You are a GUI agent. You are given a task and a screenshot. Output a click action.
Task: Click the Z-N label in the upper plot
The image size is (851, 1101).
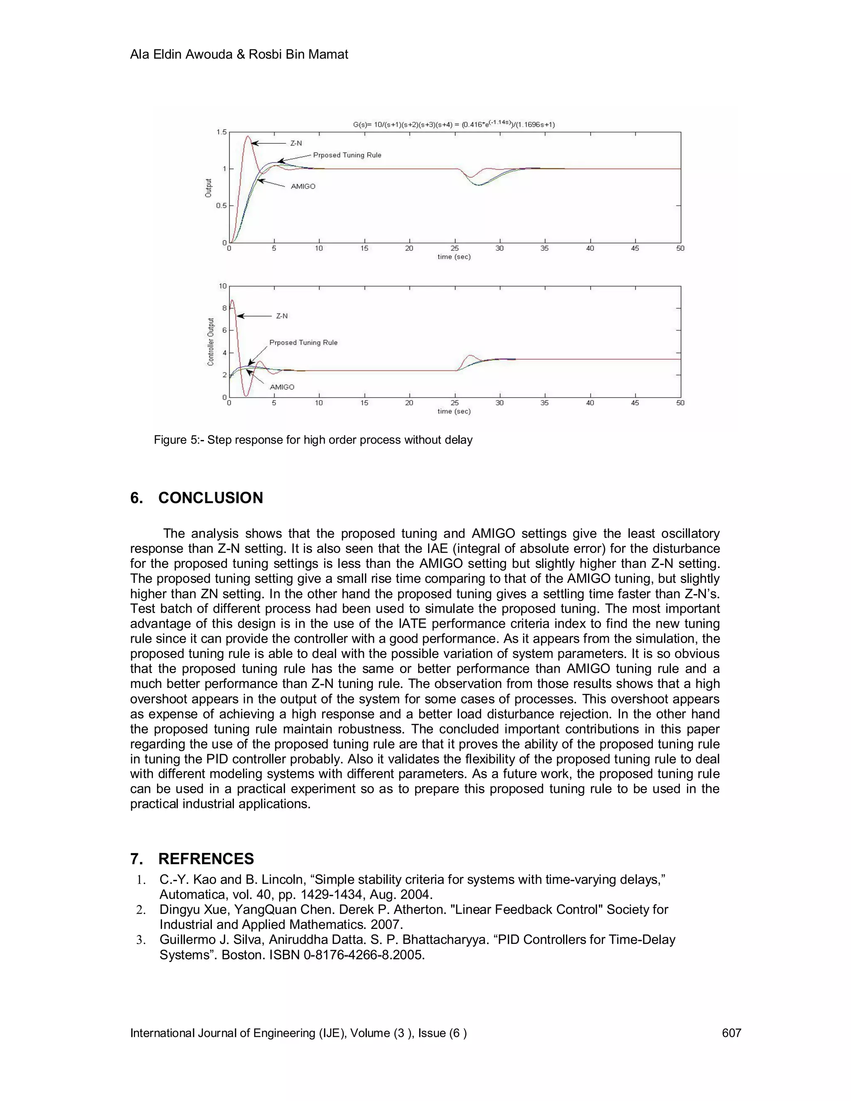pos(296,143)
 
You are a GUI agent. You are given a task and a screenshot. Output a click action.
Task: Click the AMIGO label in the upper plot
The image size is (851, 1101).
pos(303,187)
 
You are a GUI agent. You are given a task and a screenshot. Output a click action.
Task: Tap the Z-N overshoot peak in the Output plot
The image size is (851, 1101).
pos(248,137)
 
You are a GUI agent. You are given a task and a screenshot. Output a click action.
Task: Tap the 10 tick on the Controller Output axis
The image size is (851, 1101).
pos(222,286)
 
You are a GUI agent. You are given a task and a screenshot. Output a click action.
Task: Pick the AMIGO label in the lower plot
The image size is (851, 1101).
pos(282,387)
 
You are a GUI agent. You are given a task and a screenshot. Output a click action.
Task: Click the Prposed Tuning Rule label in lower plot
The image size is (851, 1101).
pos(303,342)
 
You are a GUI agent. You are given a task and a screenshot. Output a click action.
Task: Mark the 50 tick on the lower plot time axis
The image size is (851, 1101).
pos(680,403)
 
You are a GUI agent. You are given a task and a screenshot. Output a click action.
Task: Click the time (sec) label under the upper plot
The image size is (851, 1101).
pos(454,257)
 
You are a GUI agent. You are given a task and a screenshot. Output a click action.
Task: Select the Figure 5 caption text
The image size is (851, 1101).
pos(312,440)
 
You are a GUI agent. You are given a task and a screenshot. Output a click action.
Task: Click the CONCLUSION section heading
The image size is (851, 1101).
pos(210,498)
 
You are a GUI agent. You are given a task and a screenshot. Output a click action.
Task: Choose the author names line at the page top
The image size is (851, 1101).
pos(239,54)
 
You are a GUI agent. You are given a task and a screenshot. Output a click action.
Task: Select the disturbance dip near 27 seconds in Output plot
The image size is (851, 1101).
pos(479,184)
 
